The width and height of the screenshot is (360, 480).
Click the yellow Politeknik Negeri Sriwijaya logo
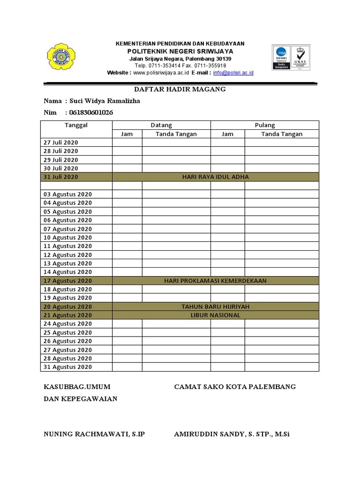(60, 58)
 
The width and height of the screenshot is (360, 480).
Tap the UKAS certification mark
(300, 57)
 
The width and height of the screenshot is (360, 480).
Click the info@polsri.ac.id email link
(233, 73)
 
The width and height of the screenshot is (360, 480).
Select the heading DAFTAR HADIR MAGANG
(180, 89)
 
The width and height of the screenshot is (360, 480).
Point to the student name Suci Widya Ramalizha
(104, 101)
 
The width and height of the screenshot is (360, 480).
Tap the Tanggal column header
(76, 125)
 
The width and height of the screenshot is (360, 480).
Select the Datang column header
(161, 125)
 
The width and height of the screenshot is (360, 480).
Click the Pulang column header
(264, 125)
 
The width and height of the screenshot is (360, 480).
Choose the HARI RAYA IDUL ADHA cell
(215, 177)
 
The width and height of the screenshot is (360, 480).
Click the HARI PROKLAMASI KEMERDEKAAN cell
(215, 281)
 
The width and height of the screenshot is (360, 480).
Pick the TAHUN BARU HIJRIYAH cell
(215, 307)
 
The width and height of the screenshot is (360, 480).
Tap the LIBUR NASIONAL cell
(215, 315)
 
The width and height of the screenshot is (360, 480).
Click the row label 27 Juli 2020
(61, 142)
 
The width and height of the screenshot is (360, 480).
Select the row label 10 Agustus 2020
(67, 238)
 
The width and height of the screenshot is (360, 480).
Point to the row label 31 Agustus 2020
(67, 367)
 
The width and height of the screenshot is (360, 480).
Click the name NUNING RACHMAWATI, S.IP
(94, 435)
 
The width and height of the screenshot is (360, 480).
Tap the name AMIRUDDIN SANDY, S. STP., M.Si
(232, 435)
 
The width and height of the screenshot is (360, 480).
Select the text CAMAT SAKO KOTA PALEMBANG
(235, 387)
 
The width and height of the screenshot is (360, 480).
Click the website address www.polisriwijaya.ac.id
(161, 73)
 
